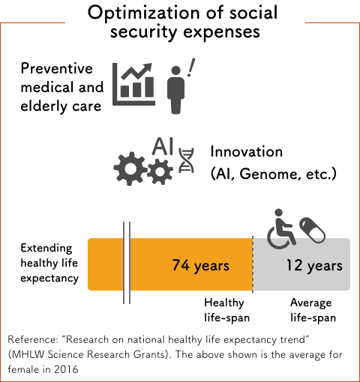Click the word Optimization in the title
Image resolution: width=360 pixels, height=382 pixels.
tap(144, 13)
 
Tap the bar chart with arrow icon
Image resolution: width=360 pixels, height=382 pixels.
tap(133, 84)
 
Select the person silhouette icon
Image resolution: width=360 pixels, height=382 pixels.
tap(175, 90)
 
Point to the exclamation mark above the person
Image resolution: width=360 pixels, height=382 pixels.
tap(191, 67)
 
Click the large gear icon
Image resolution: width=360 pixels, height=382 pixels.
tap(130, 169)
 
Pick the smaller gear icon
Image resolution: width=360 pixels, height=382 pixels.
tap(160, 172)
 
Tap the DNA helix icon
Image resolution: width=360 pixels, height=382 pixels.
tap(186, 160)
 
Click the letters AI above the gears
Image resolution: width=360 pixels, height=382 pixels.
tap(163, 146)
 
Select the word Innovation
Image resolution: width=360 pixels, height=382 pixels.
tap(247, 151)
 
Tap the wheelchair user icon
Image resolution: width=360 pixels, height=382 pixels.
tap(282, 229)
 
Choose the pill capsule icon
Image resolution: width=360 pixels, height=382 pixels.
tap(312, 230)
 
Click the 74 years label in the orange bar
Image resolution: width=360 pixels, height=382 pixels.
tap(200, 265)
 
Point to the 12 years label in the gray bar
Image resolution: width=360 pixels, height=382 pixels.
tap(314, 265)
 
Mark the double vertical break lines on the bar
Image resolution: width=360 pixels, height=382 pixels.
tap(127, 263)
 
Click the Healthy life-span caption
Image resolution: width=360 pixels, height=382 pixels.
tap(226, 310)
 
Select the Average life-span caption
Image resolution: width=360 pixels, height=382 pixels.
tap(313, 310)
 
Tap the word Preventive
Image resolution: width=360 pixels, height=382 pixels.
tap(57, 68)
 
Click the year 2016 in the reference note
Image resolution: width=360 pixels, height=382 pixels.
tap(66, 369)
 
